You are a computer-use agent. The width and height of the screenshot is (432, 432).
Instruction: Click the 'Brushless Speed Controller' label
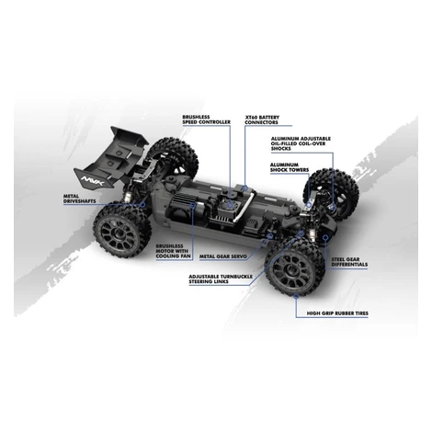[206, 119]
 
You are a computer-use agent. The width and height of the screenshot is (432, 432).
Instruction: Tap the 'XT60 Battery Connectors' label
[262, 119]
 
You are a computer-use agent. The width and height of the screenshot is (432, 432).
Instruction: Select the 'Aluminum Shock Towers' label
[290, 167]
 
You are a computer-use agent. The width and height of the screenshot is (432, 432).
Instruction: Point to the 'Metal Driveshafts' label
[79, 199]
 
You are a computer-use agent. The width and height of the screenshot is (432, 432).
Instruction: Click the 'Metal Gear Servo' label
[223, 256]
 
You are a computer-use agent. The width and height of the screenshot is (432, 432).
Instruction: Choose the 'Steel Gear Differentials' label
[349, 262]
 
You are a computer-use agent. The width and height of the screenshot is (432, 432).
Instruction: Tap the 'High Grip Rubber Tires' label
[337, 313]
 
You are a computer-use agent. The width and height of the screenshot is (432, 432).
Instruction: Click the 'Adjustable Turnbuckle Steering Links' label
[221, 279]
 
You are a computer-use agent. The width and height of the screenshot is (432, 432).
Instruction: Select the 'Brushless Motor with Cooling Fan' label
[173, 251]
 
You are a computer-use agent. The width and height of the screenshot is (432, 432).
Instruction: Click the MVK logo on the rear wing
[93, 181]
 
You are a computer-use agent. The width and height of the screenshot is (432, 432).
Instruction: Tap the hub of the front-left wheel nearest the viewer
[294, 268]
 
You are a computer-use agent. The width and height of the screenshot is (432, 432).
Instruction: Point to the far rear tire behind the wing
[173, 156]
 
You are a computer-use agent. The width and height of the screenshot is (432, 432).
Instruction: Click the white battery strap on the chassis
[244, 205]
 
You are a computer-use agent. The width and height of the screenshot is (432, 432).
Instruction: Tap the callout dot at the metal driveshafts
[142, 204]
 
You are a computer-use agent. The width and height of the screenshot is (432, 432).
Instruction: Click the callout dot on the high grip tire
[296, 296]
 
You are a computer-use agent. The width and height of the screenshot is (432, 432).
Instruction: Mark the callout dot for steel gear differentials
[325, 237]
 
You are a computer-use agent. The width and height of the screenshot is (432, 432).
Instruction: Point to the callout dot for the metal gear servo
[270, 236]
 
